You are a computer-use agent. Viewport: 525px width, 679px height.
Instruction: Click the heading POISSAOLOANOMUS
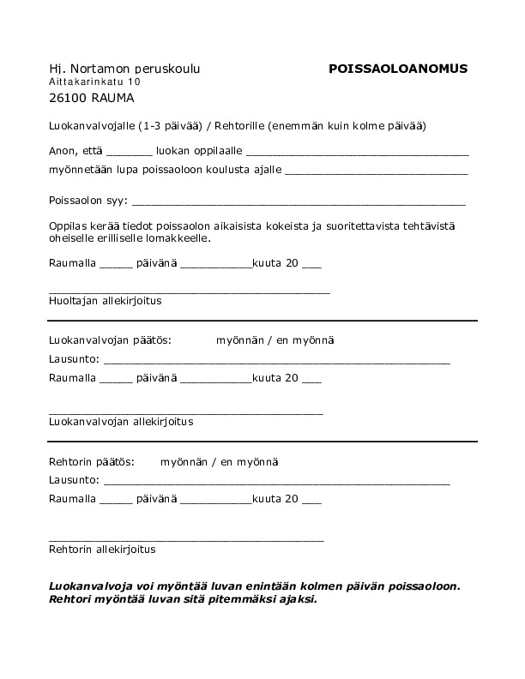tap(398, 69)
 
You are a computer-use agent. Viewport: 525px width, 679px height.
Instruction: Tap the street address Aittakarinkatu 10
tap(94, 81)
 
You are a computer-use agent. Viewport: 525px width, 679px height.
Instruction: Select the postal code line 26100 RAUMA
tap(92, 98)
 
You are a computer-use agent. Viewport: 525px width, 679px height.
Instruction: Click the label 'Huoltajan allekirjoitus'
tap(106, 301)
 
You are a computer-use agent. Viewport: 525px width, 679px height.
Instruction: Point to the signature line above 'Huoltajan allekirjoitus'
tap(189, 292)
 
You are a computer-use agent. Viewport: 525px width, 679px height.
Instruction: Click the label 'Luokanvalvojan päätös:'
tap(111, 340)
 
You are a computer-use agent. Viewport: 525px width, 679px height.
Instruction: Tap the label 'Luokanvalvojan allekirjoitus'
tap(121, 422)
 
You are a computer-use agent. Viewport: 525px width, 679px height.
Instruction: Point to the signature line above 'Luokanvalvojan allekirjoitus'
tap(186, 413)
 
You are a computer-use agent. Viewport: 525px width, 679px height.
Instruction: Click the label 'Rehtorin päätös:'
tap(92, 462)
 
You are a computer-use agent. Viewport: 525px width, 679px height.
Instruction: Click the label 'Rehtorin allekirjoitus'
tap(103, 549)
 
